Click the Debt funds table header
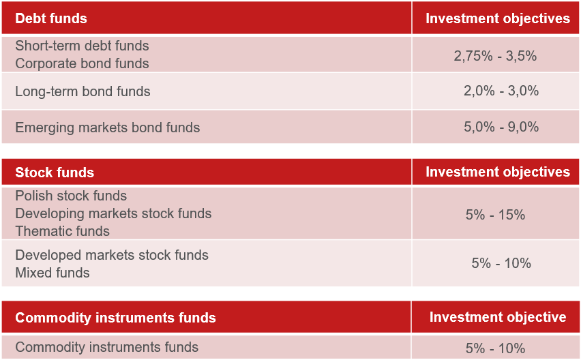51,18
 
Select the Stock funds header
55,172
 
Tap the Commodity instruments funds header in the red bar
115,318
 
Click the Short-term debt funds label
82,46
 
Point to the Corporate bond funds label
82,63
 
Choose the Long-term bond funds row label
83,91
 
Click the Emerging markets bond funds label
108,127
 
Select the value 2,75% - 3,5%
495,56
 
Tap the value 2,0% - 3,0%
501,91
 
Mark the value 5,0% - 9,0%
501,127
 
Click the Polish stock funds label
71,196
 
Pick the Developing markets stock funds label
113,213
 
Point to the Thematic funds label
62,232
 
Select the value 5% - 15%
495,215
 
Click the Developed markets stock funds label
112,255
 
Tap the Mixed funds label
53,273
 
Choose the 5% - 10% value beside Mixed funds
501,263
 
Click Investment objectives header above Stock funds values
498,172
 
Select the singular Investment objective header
498,317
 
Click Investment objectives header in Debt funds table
498,18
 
